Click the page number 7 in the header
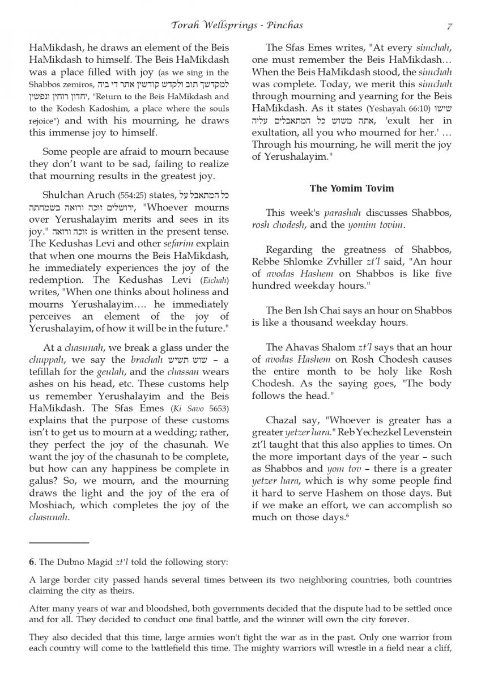(449, 25)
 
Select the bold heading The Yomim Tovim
(352, 188)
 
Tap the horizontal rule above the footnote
(59, 543)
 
